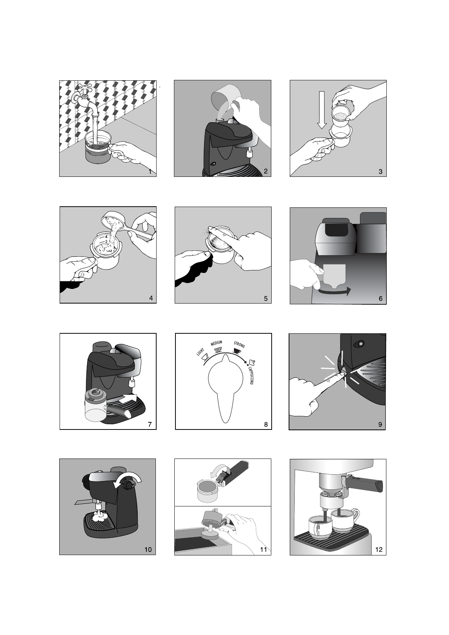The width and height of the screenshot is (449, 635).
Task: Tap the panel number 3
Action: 380,172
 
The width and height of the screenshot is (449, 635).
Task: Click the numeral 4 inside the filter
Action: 106,237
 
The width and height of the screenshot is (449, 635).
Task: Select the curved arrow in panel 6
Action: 335,292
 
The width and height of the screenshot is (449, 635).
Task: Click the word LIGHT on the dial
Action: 200,352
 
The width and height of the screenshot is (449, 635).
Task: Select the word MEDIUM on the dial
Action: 217,343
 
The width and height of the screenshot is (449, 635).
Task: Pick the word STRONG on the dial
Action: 239,344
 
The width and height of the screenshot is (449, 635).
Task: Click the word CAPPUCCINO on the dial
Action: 251,375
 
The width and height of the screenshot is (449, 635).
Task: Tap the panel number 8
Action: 266,424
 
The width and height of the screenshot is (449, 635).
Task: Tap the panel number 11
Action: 263,550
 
